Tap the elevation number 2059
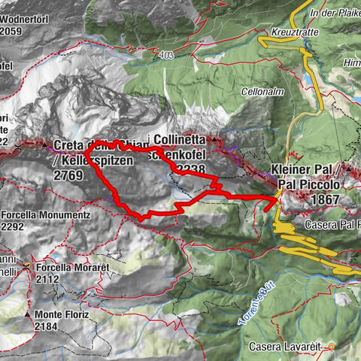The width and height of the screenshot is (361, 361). coord(14,32)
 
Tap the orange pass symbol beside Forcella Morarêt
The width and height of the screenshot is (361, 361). coord(28,265)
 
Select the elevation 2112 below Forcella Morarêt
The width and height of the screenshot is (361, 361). coord(47,279)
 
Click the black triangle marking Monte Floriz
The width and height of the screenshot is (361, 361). coord(28,314)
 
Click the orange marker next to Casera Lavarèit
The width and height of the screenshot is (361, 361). coord(330,347)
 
